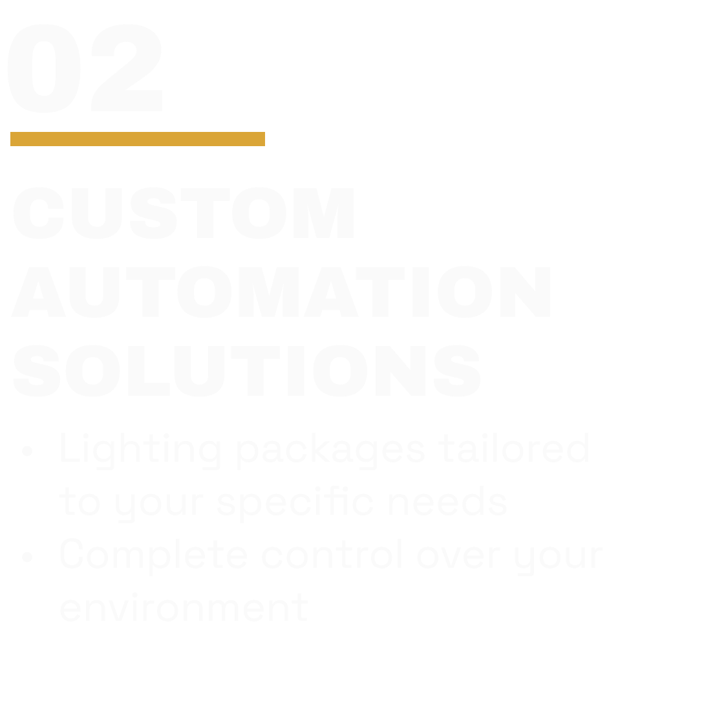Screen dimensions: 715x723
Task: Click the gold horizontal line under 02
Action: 138,139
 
